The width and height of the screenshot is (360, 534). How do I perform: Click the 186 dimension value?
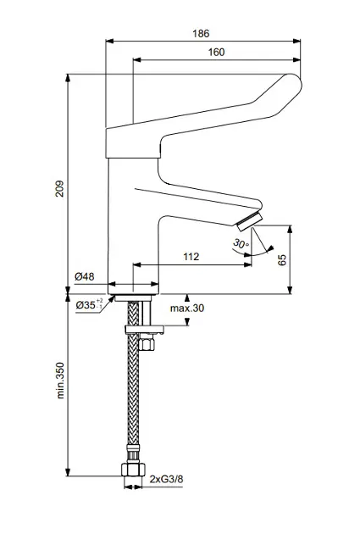(201, 34)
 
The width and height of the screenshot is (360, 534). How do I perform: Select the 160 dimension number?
(216, 52)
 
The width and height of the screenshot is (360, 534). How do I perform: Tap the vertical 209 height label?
(59, 189)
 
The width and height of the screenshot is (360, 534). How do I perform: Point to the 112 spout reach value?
(191, 257)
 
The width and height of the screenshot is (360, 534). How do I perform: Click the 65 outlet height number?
(282, 260)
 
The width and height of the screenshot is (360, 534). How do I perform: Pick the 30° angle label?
(241, 243)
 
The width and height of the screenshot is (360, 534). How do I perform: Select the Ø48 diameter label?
(85, 276)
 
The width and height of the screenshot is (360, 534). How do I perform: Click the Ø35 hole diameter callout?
(89, 304)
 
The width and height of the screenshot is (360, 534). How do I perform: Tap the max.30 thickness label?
(187, 309)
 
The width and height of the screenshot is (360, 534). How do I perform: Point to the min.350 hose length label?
(60, 381)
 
